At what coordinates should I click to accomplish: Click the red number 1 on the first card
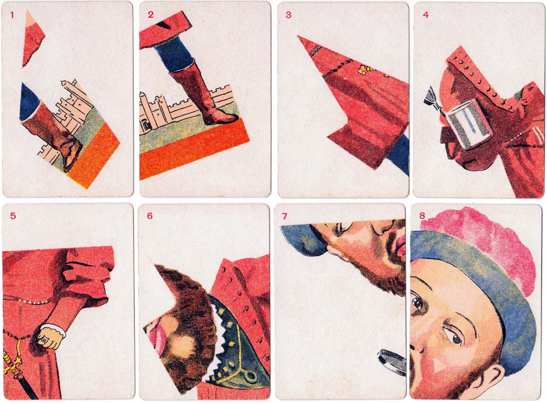pos(12,15)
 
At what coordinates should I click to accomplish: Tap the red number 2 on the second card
pos(151,15)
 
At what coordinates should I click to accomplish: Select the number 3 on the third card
pos(289,15)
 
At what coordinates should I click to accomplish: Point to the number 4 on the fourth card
pos(426,15)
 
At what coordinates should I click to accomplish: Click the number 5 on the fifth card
pos(13,216)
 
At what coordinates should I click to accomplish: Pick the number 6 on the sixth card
pos(150,216)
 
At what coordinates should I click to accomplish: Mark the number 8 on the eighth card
pos(422,216)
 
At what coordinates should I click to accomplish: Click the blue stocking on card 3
pos(399,154)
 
